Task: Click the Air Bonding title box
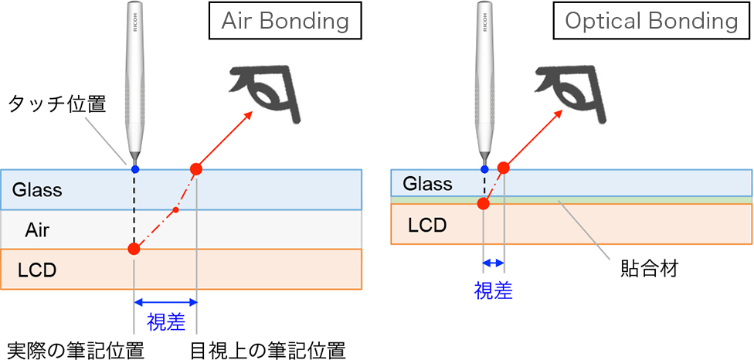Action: coord(285,21)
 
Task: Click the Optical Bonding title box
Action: coord(651,21)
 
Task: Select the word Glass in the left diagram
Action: coord(36,190)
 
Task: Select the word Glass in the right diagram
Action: coord(427,183)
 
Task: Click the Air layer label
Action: coord(38,229)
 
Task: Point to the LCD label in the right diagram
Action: coord(427,225)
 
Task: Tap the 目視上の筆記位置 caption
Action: coord(267,349)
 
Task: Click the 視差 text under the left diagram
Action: coord(165,320)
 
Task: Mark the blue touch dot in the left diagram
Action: coord(135,168)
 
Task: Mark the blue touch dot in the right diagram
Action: coord(484,168)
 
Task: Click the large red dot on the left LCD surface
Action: coord(134,249)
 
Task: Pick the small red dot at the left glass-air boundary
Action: coord(176,209)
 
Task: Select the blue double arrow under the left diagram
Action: coord(165,302)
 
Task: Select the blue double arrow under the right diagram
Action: coord(494,263)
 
